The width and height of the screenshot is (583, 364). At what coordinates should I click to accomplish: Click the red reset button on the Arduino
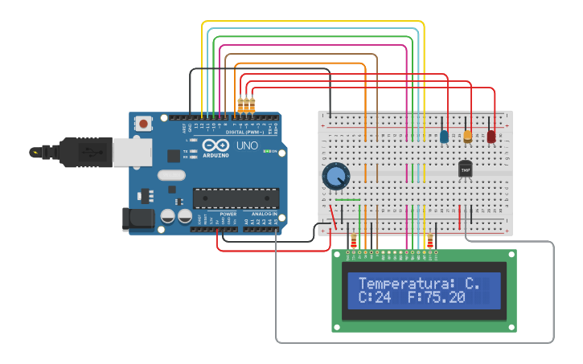point(143,124)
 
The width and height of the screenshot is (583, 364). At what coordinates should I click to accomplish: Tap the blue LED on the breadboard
point(444,137)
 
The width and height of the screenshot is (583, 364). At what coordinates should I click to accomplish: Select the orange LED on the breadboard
point(467,136)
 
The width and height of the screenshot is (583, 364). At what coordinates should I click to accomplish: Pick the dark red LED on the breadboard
point(491,136)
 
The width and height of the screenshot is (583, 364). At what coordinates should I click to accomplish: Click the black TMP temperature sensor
point(465,170)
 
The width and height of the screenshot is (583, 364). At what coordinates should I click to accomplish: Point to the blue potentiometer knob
point(335,176)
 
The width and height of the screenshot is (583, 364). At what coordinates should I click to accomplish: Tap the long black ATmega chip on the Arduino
point(236,197)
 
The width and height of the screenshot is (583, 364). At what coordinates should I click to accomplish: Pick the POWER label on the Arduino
point(228,214)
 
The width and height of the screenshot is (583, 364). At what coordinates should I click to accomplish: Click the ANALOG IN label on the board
point(263,214)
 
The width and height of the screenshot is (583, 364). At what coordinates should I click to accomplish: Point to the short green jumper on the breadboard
point(347,199)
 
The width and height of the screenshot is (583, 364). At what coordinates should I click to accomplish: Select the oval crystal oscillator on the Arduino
point(171,175)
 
